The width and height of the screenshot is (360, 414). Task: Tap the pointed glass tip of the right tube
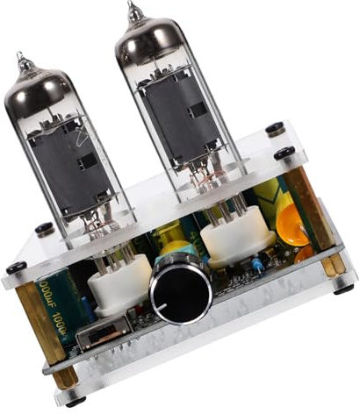[x=132, y=9]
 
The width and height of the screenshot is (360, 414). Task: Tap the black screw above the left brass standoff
[x=17, y=268]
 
